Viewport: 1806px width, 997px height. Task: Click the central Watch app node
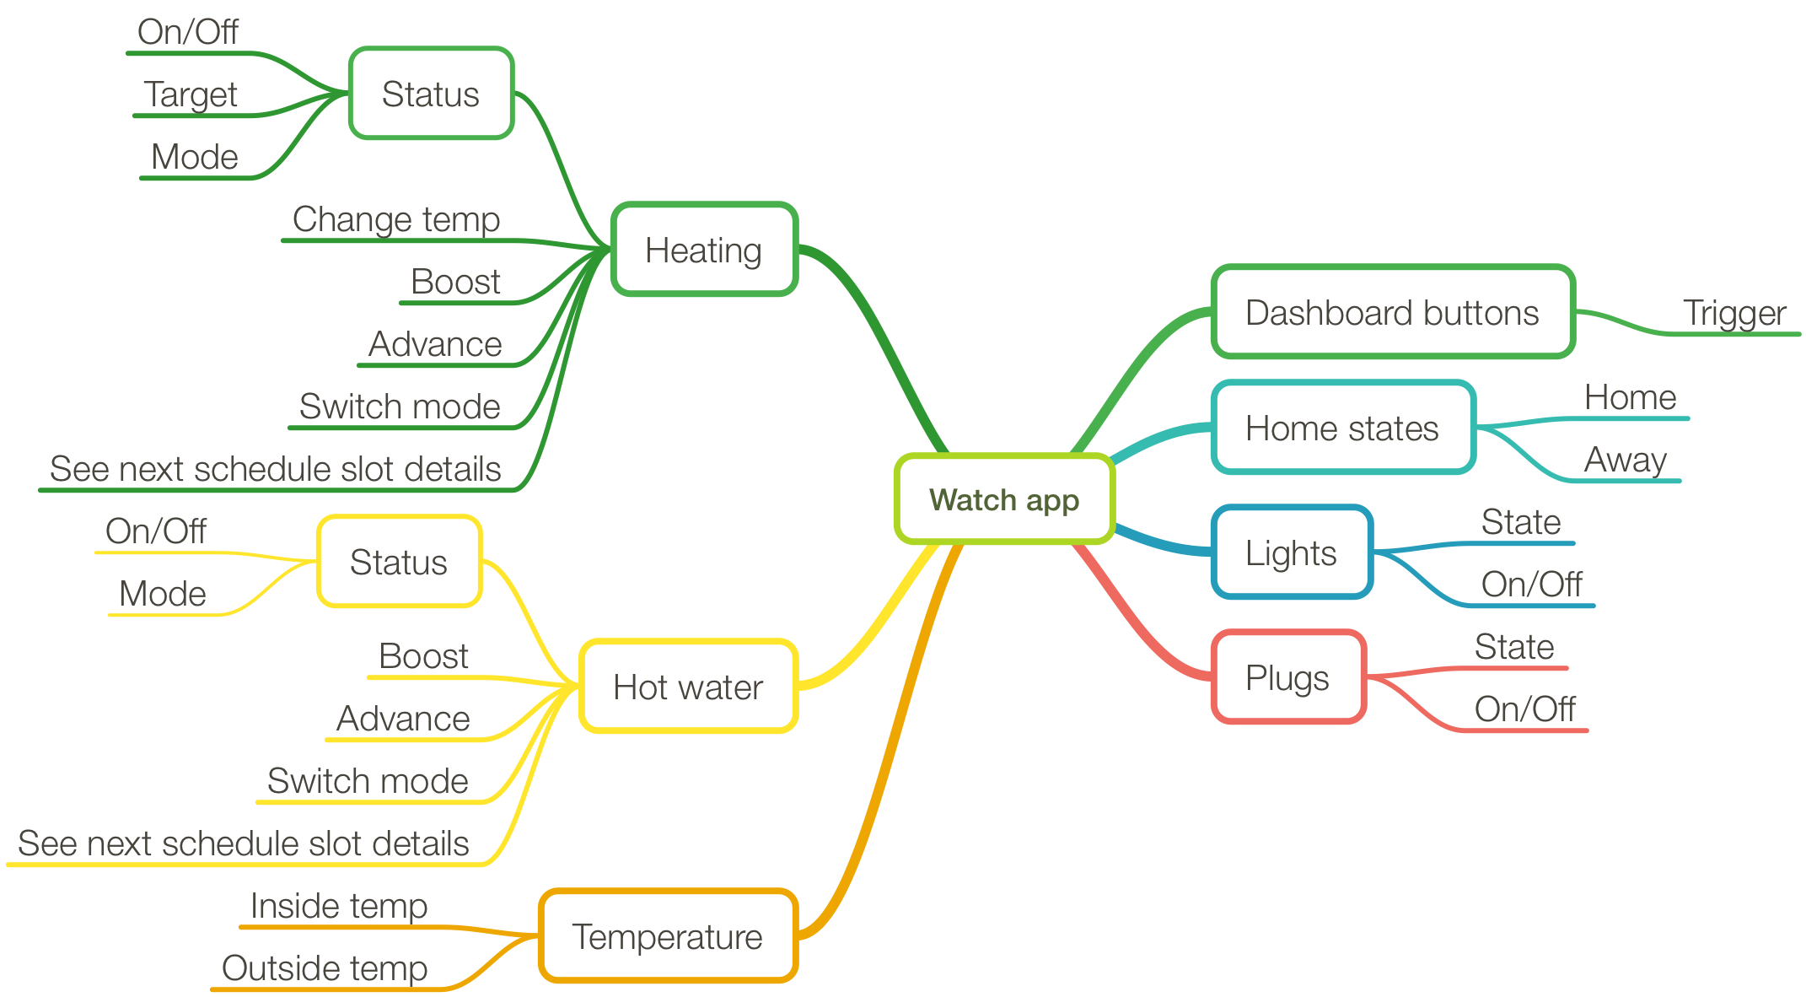[x=1004, y=499]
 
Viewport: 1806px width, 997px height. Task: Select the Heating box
[x=704, y=250]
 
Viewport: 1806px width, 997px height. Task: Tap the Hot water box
[x=688, y=687]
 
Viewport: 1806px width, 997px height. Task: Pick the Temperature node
[x=668, y=936]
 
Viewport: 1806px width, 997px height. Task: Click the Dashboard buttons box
[x=1392, y=312]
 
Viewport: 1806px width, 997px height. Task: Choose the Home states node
[x=1342, y=428]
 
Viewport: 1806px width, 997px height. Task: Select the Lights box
[x=1291, y=552]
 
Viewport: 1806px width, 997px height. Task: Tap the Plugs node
[x=1287, y=677]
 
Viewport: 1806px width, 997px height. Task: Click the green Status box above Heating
[x=431, y=94]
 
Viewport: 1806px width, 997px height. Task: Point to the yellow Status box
[x=399, y=562]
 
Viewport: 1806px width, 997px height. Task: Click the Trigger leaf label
[x=1734, y=313]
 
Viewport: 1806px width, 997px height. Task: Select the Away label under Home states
[x=1625, y=460]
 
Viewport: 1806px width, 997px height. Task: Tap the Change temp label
[x=396, y=219]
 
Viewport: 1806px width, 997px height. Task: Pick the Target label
[x=191, y=94]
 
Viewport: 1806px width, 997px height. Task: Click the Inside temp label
[x=339, y=906]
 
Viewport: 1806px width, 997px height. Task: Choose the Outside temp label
[x=325, y=968]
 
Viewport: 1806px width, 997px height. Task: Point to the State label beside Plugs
[x=1514, y=647]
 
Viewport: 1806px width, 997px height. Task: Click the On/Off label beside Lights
[x=1531, y=584]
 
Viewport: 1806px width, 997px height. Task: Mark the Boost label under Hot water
[x=423, y=656]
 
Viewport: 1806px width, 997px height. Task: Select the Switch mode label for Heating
[x=400, y=407]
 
